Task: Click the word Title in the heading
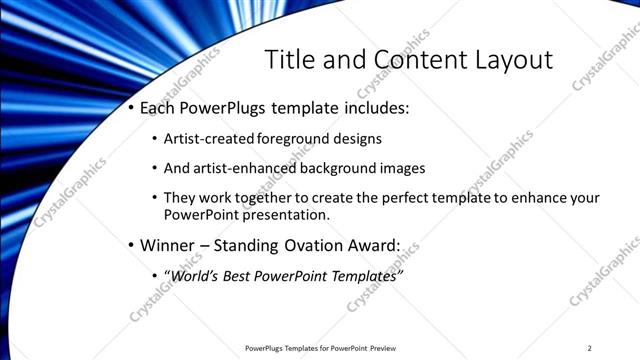(x=289, y=59)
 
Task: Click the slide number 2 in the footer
(x=590, y=348)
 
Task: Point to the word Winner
(x=169, y=245)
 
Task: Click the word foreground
(x=293, y=138)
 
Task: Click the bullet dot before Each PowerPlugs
(x=132, y=108)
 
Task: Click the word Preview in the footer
(x=385, y=348)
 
